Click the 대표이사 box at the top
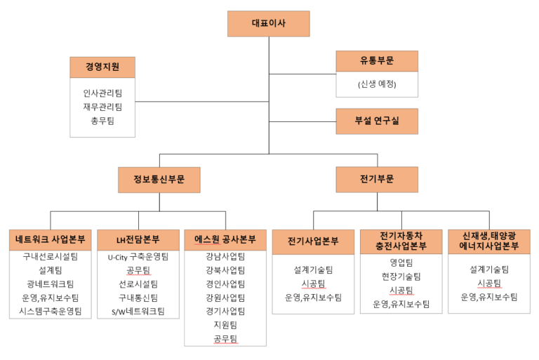click(x=269, y=24)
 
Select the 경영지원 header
click(x=102, y=67)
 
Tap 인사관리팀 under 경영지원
click(x=102, y=93)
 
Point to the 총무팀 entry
click(x=102, y=121)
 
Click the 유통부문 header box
click(x=377, y=61)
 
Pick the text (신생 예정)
click(x=377, y=84)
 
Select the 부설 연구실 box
click(x=377, y=121)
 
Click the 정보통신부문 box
click(x=159, y=180)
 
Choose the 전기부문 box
click(x=377, y=180)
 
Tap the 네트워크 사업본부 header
click(x=51, y=240)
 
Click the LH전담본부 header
click(x=138, y=240)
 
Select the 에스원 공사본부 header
click(x=225, y=240)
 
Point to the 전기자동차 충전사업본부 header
click(x=401, y=241)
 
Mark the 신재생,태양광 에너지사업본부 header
click(x=488, y=241)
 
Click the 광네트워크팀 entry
click(x=51, y=284)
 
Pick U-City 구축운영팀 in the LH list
click(x=138, y=257)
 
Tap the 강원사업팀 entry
click(x=225, y=298)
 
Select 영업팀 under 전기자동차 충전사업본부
click(x=401, y=263)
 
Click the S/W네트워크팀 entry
click(x=138, y=312)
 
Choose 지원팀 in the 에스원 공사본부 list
click(x=225, y=326)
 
